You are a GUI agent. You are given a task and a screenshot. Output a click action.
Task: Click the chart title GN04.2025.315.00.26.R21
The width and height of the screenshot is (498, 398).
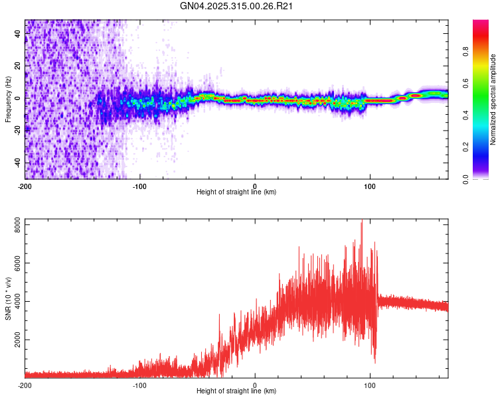pos(237,6)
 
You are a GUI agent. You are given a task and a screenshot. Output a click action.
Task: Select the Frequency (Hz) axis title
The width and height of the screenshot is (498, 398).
pos(8,99)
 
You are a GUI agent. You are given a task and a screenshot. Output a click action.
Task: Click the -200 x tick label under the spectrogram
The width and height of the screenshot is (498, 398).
pos(25,185)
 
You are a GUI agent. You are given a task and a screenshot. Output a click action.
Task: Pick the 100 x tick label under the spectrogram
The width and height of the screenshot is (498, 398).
pos(370,185)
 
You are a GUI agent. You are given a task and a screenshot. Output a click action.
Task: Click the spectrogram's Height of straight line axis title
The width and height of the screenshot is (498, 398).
pos(236,192)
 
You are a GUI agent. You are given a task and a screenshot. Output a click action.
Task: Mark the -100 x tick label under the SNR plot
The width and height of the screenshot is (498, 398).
pos(140,385)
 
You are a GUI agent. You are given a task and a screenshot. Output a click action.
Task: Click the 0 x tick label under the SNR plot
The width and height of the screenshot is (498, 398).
pos(255,385)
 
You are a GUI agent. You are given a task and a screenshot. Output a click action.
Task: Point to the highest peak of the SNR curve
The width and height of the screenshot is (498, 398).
pos(361,223)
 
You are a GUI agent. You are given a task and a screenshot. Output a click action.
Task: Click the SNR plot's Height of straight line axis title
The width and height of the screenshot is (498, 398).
pos(236,391)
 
